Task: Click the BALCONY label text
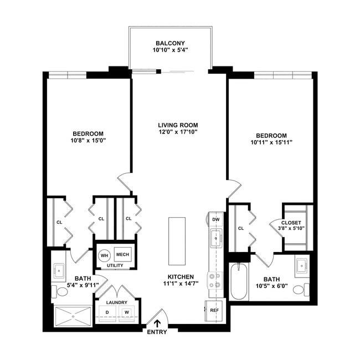click(x=169, y=43)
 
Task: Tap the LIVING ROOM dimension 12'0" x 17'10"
click(x=177, y=132)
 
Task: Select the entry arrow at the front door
click(x=158, y=323)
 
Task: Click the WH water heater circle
click(x=104, y=255)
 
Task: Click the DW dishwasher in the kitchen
click(x=216, y=219)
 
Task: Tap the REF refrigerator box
click(x=214, y=310)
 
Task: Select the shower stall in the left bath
click(x=73, y=315)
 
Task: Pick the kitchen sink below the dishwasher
click(x=215, y=239)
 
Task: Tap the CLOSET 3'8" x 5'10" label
click(x=298, y=225)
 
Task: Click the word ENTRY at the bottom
click(x=157, y=332)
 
